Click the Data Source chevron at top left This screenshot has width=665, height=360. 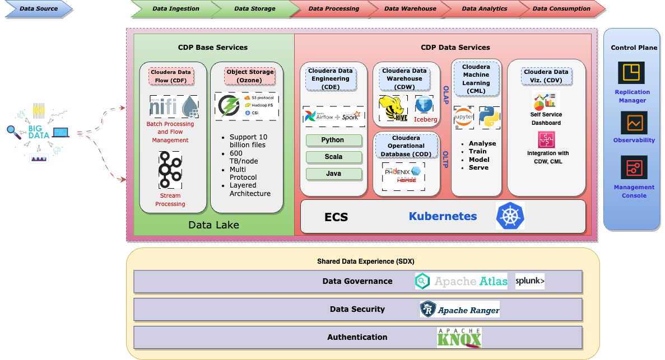(x=37, y=8)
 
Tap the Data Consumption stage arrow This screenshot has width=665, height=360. (x=561, y=8)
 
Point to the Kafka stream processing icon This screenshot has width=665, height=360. (x=170, y=170)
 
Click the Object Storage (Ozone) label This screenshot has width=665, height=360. (x=250, y=76)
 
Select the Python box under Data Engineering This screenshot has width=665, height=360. (x=333, y=140)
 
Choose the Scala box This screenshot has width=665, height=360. (x=333, y=157)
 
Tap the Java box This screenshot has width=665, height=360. (x=333, y=174)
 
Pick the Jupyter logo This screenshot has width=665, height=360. (x=463, y=117)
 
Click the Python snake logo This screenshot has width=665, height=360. (x=489, y=117)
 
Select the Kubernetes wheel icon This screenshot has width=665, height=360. (x=510, y=216)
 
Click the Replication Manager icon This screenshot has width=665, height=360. (x=631, y=73)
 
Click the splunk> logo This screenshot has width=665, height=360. (x=529, y=281)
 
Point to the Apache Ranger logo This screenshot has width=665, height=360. (x=459, y=309)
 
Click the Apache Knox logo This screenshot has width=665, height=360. (x=459, y=338)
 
